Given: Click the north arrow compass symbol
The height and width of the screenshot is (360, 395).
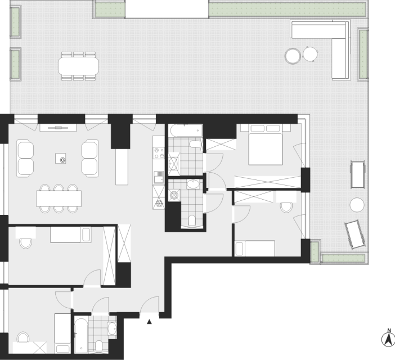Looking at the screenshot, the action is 388,338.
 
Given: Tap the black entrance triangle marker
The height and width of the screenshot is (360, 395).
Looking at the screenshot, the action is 149,322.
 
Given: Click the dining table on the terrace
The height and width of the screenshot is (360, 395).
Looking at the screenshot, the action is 78,66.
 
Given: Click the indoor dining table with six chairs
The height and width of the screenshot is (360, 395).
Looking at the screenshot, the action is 59,199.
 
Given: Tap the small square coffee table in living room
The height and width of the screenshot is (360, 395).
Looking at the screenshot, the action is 60,159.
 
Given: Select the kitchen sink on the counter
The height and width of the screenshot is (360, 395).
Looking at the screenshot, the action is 159,177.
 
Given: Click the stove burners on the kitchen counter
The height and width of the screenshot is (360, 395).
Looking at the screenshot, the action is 159,153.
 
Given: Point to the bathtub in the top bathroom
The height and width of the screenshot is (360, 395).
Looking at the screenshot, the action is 186,130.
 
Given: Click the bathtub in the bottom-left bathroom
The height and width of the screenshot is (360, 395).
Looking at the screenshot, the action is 81,336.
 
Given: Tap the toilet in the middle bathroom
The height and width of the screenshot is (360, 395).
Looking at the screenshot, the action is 192,221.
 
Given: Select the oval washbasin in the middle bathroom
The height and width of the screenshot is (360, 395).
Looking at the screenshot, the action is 193,184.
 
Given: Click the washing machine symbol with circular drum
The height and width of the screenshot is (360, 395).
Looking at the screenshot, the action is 174,195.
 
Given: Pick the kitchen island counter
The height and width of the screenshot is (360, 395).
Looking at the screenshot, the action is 122,166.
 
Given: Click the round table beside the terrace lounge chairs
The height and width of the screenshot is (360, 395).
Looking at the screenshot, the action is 357,205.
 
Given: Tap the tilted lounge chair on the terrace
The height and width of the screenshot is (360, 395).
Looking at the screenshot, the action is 355,235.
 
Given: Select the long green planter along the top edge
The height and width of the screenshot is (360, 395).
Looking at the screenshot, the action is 287,10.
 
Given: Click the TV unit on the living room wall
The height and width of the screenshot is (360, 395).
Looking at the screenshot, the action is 58,128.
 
